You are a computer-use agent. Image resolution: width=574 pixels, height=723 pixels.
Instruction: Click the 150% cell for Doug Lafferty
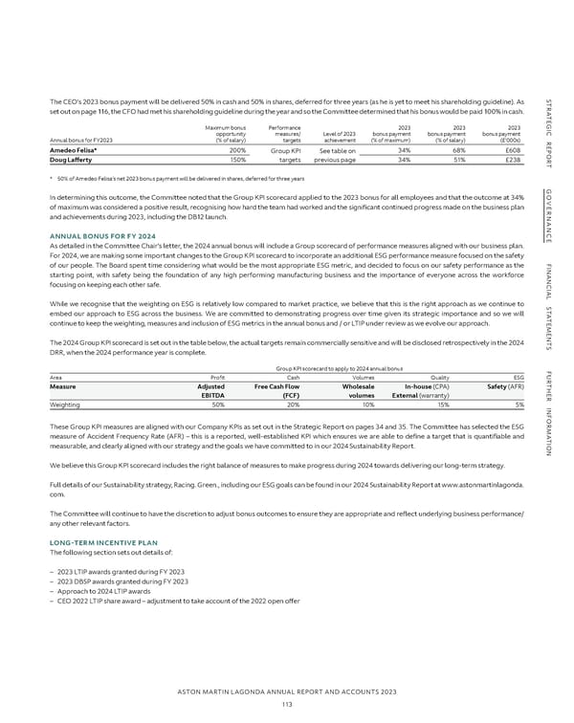pyautogui.click(x=236, y=160)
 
